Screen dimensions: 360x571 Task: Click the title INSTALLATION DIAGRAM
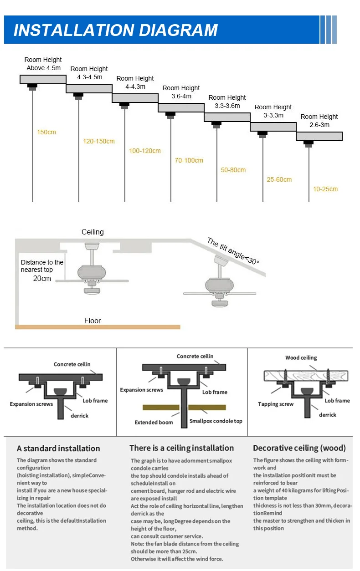[x=116, y=30]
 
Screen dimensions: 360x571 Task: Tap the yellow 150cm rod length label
[x=46, y=132]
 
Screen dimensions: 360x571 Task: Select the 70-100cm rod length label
[x=189, y=160]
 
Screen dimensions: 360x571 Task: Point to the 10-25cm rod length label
[x=325, y=189]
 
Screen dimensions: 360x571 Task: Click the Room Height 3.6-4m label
[x=181, y=92]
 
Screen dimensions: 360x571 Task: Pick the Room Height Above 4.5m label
[x=43, y=64]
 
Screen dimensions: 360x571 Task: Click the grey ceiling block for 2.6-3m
[x=319, y=137]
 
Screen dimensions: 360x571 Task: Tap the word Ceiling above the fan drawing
[x=93, y=232]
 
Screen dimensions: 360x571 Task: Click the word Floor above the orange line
[x=93, y=321]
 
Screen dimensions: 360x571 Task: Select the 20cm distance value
[x=42, y=278]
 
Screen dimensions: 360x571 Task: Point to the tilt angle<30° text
[x=233, y=251]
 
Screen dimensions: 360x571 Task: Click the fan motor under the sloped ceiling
[x=220, y=285]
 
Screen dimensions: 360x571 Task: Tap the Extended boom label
[x=154, y=423]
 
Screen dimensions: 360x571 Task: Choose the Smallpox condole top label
[x=216, y=421]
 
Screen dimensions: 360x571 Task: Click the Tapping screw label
[x=276, y=404]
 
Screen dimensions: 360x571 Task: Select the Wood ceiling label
[x=301, y=357]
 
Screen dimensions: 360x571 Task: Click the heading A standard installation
[x=58, y=449]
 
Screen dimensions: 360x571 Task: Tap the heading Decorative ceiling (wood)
[x=299, y=448]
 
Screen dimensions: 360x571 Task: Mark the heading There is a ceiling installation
[x=182, y=448]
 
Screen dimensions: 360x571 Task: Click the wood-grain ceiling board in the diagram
[x=306, y=376]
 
